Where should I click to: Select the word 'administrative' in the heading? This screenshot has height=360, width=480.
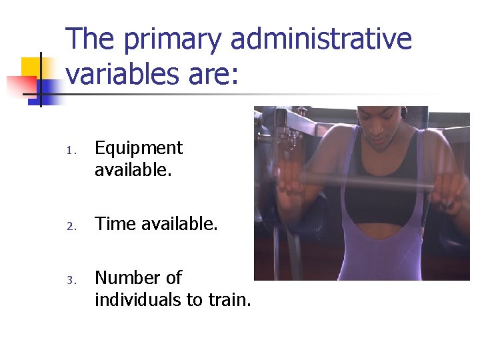pos(321,39)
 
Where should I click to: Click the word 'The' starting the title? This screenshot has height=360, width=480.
pos(89,39)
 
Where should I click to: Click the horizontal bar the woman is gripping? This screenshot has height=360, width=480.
pos(367,180)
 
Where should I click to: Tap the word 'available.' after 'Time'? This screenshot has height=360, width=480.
pos(180,224)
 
